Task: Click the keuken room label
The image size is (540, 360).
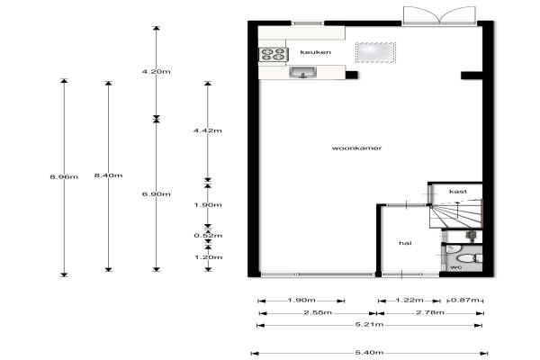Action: (316, 52)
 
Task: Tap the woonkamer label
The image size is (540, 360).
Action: (356, 148)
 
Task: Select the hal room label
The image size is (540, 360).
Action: (405, 243)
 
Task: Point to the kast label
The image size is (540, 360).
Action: (458, 191)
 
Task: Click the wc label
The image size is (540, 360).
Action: (456, 267)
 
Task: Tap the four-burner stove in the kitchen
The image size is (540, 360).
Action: (274, 54)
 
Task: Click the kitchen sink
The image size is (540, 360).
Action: (302, 72)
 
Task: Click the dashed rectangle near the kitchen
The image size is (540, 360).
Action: (375, 53)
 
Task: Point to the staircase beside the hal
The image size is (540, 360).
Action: (455, 213)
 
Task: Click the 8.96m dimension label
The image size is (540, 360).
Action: (64, 177)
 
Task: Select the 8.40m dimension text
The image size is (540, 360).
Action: (109, 175)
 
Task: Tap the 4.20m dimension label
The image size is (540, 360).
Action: (157, 72)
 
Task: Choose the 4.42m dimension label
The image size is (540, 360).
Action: (208, 130)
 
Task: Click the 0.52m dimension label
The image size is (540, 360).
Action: (208, 236)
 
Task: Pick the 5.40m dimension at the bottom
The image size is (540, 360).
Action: (369, 353)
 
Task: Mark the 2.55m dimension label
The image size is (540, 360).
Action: (318, 313)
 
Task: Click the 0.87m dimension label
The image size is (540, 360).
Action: (465, 300)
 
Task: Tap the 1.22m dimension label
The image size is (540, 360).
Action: (409, 300)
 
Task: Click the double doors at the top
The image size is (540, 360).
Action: (439, 15)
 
